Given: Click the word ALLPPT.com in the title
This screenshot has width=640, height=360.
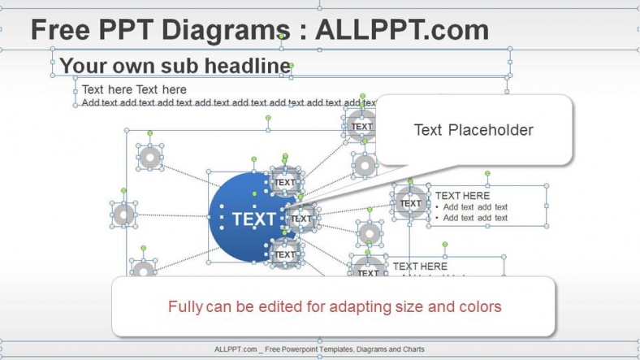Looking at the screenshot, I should [401, 30].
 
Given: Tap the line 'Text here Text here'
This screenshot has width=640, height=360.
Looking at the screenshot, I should [134, 89].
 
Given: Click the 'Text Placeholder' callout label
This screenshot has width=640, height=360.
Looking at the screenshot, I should [474, 130].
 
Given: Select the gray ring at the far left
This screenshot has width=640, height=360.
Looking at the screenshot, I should [123, 215].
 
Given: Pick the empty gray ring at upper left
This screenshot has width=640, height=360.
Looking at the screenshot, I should [150, 158].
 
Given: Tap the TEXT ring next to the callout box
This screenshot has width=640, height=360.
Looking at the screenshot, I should [361, 126].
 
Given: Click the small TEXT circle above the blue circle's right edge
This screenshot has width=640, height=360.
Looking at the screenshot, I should [285, 183].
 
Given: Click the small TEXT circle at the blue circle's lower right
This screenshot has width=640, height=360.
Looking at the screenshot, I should [285, 254].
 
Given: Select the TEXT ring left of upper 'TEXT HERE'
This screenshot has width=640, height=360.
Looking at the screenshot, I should [410, 203].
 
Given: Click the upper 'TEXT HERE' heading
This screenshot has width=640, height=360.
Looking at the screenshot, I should [462, 196].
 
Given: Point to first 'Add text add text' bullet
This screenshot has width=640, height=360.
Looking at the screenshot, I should [475, 207].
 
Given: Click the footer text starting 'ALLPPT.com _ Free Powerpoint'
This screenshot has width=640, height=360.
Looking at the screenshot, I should [319, 349].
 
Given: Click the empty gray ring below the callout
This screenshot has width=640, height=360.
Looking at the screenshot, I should [365, 166].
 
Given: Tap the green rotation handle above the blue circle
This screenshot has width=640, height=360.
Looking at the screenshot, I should [254, 159].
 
